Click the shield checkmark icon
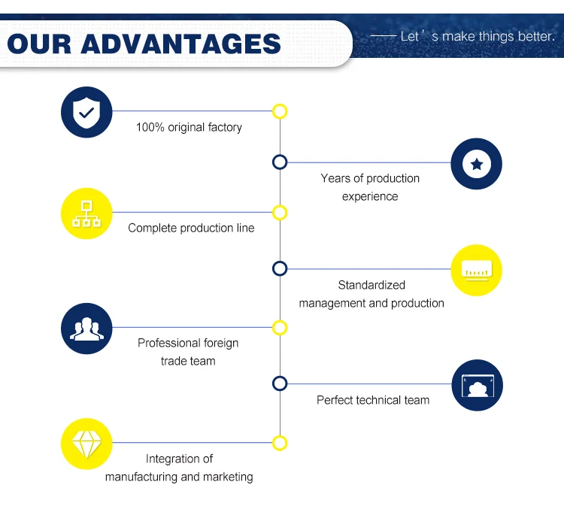coord(86,113)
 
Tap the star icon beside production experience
coord(476,163)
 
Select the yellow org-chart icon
coord(86,214)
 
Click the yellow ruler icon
coord(476,270)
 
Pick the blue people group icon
coord(86,329)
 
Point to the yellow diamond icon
coord(86,444)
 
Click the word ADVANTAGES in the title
coord(180,43)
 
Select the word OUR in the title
coord(39,43)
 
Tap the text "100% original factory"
coord(189,127)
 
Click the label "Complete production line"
coord(191,228)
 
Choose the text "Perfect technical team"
coord(373,400)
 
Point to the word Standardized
coord(371,285)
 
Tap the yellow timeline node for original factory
coord(280,111)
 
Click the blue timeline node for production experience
coord(280,162)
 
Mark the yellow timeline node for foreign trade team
coord(280,328)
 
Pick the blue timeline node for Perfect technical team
coord(280,383)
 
